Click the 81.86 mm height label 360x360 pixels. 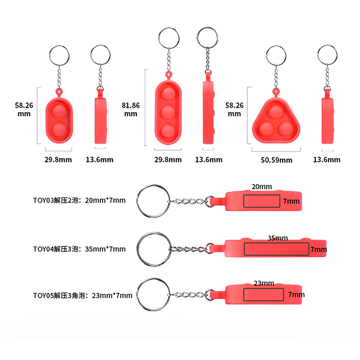(x=130, y=109)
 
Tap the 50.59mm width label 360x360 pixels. (x=276, y=160)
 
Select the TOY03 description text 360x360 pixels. (x=79, y=200)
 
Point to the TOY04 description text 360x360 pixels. (x=79, y=249)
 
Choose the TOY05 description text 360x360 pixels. (x=83, y=295)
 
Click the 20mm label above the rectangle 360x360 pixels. (x=262, y=187)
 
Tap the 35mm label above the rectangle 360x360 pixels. (x=278, y=238)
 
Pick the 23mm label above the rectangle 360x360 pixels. (x=264, y=283)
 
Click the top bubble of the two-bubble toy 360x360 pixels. (x=59, y=111)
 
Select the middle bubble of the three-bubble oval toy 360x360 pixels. (x=168, y=112)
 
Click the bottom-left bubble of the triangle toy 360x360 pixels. (x=266, y=129)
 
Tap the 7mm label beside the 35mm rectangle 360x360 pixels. (x=319, y=250)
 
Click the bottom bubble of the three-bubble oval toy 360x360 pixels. (x=168, y=131)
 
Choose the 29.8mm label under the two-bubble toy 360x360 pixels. (x=58, y=160)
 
